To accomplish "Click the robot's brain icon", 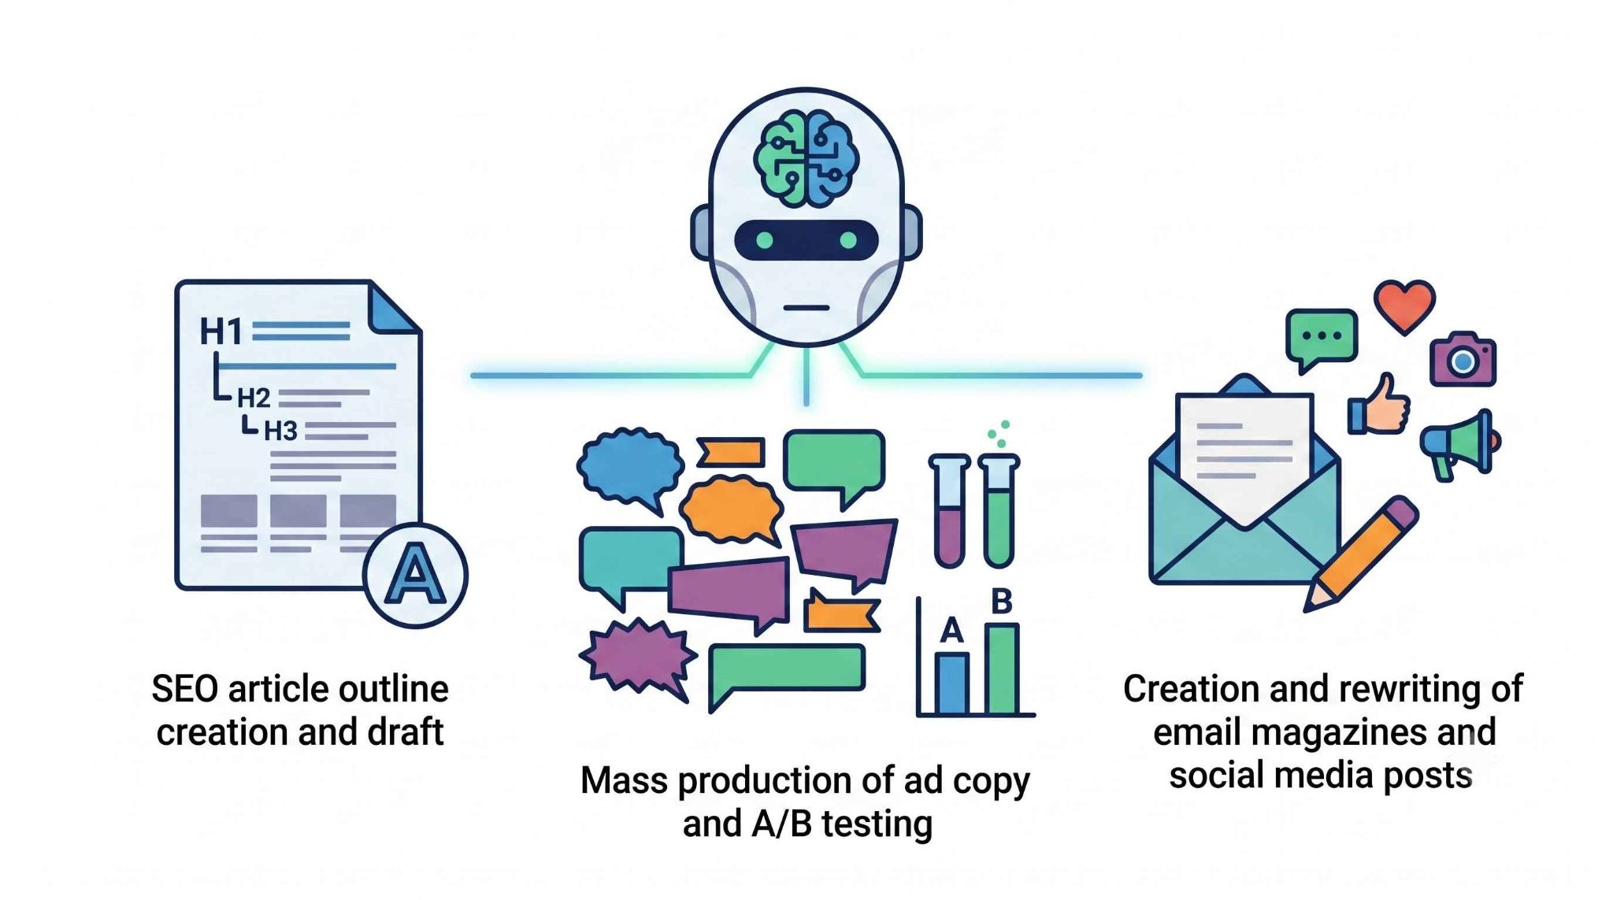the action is [x=806, y=159].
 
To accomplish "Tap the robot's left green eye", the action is [x=764, y=239].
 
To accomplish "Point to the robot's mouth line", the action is [x=806, y=308].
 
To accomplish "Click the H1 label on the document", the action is [x=221, y=331].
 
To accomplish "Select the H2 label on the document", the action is [x=254, y=398].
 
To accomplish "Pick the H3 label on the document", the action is [x=280, y=431].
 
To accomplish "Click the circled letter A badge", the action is [x=415, y=576].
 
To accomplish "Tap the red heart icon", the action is [x=1404, y=306].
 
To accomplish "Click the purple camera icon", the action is [x=1463, y=359].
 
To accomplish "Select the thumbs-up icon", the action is [x=1379, y=405].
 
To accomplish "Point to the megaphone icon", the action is [x=1460, y=445].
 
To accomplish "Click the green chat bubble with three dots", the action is [x=1321, y=339].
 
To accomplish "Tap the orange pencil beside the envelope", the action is [x=1360, y=554].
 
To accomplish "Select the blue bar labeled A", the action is [x=952, y=683].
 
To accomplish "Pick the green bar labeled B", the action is [x=1002, y=669].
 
